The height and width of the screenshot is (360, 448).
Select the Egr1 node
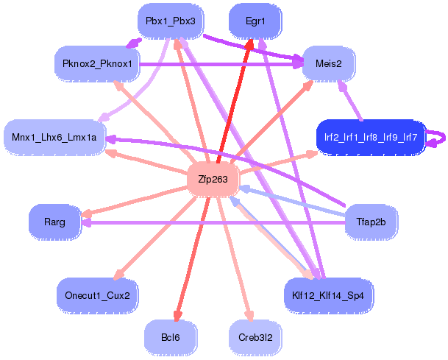(x=255, y=21)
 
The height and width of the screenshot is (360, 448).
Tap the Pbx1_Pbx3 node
(x=170, y=21)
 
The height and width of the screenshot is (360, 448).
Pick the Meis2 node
(x=328, y=64)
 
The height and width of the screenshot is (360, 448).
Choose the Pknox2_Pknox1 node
(x=97, y=64)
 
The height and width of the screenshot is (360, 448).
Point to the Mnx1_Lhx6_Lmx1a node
(x=54, y=138)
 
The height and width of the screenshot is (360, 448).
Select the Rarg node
(x=54, y=222)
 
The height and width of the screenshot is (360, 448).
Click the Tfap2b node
(x=371, y=222)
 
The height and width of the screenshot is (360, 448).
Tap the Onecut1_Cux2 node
(x=97, y=295)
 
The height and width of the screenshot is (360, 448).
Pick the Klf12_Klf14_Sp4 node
(x=328, y=295)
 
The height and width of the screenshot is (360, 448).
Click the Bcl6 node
(x=170, y=337)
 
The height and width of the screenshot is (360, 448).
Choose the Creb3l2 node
(x=255, y=337)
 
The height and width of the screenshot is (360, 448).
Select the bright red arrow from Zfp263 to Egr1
(x=233, y=103)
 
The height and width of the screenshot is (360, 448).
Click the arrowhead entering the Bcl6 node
(x=175, y=315)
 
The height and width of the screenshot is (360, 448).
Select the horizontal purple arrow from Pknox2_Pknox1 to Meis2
(x=221, y=65)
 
